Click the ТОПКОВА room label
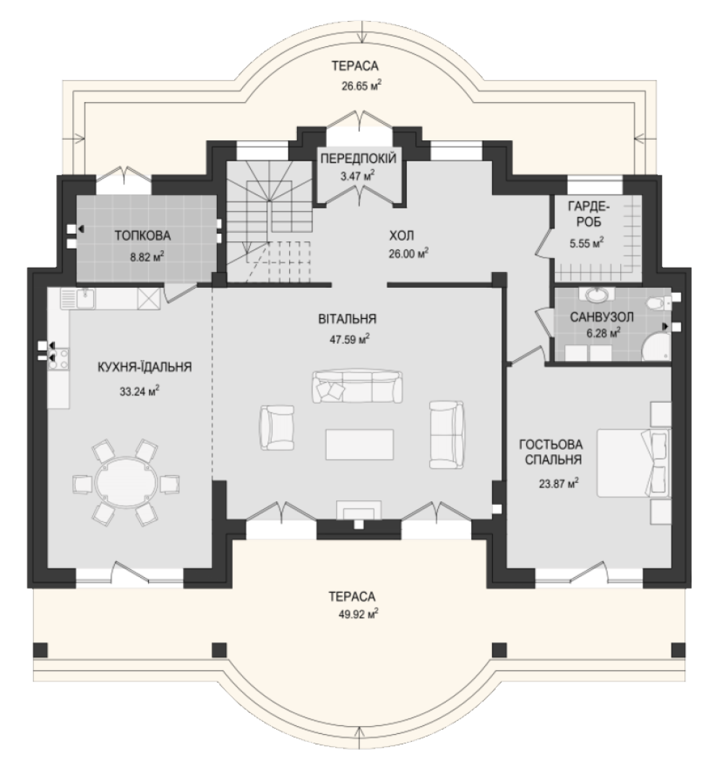(143, 236)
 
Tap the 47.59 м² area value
(350, 339)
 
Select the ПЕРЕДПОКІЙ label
(358, 158)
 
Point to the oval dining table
(126, 483)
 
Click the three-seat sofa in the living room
(358, 386)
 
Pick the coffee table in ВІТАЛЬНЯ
(360, 444)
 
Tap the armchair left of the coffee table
(277, 427)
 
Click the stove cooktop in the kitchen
(59, 359)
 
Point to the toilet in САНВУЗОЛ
(659, 304)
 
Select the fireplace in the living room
(358, 511)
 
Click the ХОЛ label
(401, 236)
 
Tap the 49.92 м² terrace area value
(358, 614)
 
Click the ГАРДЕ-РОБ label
(589, 215)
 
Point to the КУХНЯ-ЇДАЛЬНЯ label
(145, 367)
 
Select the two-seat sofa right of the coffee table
(447, 435)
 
